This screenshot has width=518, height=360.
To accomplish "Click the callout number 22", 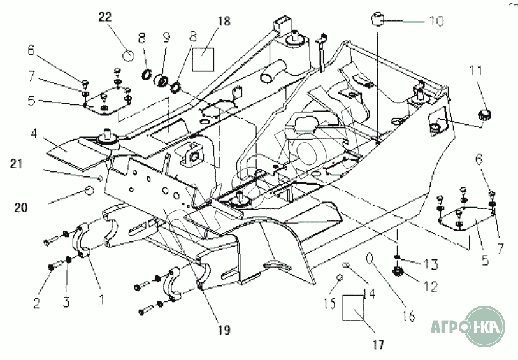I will (x=105, y=17).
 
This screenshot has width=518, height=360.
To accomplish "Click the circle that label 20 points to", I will (x=90, y=191).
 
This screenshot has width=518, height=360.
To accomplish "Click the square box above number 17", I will (x=352, y=307).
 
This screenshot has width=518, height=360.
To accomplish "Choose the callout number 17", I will (x=378, y=346).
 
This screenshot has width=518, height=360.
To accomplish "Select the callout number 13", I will (x=431, y=264).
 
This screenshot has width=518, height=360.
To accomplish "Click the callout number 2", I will (x=36, y=303).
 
